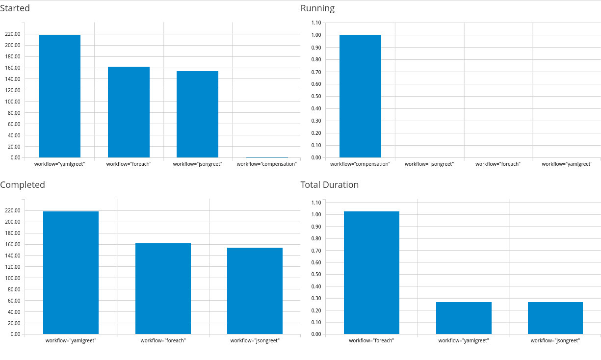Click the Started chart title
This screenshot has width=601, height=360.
[x=15, y=8]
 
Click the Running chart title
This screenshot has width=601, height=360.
[x=317, y=8]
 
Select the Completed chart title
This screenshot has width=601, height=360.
[x=23, y=185]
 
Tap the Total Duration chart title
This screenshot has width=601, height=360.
[x=329, y=185]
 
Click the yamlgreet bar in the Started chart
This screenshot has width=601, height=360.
[x=59, y=96]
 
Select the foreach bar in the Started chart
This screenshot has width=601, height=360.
[x=129, y=112]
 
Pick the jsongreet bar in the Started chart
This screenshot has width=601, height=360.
[x=197, y=114]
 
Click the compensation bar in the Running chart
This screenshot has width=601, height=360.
[x=360, y=96]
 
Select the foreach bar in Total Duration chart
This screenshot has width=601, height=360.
[x=371, y=273]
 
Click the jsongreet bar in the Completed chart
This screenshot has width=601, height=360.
[x=255, y=291]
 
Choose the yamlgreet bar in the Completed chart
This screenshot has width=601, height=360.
[x=71, y=273]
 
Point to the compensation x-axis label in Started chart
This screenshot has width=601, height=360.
[x=266, y=164]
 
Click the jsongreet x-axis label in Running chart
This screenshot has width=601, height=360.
[x=429, y=164]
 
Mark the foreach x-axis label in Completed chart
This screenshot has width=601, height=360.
[x=163, y=340]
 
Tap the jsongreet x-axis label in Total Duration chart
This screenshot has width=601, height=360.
[x=555, y=340]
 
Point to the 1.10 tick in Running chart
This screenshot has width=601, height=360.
[x=316, y=23]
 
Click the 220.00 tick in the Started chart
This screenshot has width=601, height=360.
[x=12, y=34]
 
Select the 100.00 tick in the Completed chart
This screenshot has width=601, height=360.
[x=12, y=278]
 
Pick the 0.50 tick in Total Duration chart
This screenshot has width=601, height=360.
[x=316, y=275]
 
